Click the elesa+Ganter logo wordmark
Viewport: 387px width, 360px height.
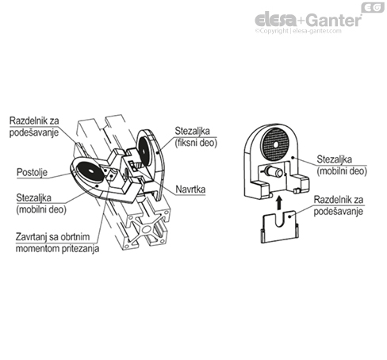[x=308, y=20]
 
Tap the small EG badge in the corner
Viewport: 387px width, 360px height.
[x=373, y=7]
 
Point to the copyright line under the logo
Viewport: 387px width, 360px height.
[x=298, y=31]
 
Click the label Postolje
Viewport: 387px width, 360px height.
[x=32, y=172]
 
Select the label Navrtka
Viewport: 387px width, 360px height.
[x=190, y=190]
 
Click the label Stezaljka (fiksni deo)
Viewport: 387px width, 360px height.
[x=196, y=137]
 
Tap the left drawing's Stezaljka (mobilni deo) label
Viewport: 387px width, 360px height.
[x=41, y=204]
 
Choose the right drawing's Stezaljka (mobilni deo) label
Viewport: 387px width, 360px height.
[x=342, y=165]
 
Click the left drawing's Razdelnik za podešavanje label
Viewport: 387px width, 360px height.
[x=34, y=127]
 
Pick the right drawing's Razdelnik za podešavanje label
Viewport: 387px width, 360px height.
[x=339, y=205]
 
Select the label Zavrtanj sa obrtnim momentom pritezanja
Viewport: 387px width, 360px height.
[x=57, y=243]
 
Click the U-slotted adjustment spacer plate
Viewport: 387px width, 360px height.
[x=280, y=227]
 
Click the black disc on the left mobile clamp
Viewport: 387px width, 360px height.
[x=90, y=171]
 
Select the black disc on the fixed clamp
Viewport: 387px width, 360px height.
[x=144, y=151]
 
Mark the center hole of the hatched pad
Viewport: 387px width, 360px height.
[x=276, y=144]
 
